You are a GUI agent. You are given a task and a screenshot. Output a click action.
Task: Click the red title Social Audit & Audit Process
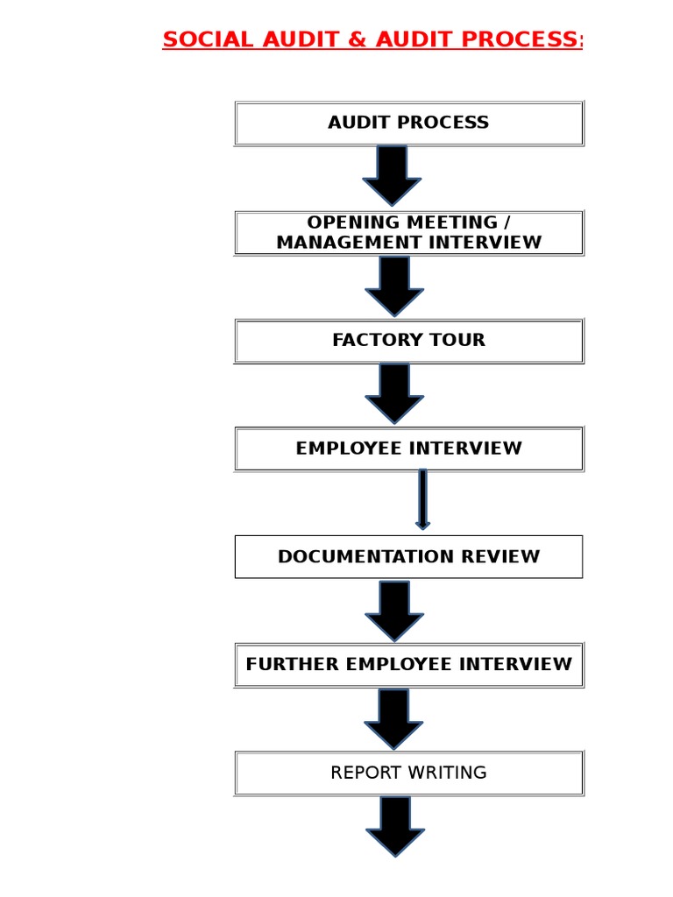click(x=372, y=40)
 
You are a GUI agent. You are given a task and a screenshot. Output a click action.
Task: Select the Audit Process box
click(x=408, y=123)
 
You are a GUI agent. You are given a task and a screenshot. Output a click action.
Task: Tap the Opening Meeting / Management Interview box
click(x=408, y=232)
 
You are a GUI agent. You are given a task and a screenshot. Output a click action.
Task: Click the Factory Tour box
click(x=408, y=341)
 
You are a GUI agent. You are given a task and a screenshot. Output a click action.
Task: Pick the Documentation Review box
click(x=408, y=557)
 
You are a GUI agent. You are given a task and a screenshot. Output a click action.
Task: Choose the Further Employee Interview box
click(x=408, y=665)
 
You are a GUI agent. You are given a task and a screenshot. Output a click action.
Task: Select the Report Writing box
click(x=408, y=773)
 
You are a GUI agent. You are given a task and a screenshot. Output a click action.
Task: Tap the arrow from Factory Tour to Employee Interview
click(x=393, y=393)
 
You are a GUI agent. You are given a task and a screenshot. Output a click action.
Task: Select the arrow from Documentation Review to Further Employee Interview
click(x=393, y=610)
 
